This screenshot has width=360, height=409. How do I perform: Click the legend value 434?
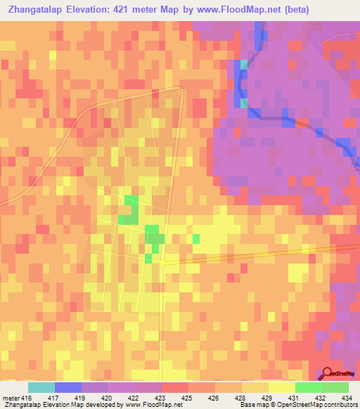[345, 397]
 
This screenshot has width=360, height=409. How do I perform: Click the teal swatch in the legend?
[41, 387]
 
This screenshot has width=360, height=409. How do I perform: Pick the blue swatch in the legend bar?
[67, 387]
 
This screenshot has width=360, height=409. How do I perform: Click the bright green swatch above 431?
[308, 387]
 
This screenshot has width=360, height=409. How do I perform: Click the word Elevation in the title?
[93, 10]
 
